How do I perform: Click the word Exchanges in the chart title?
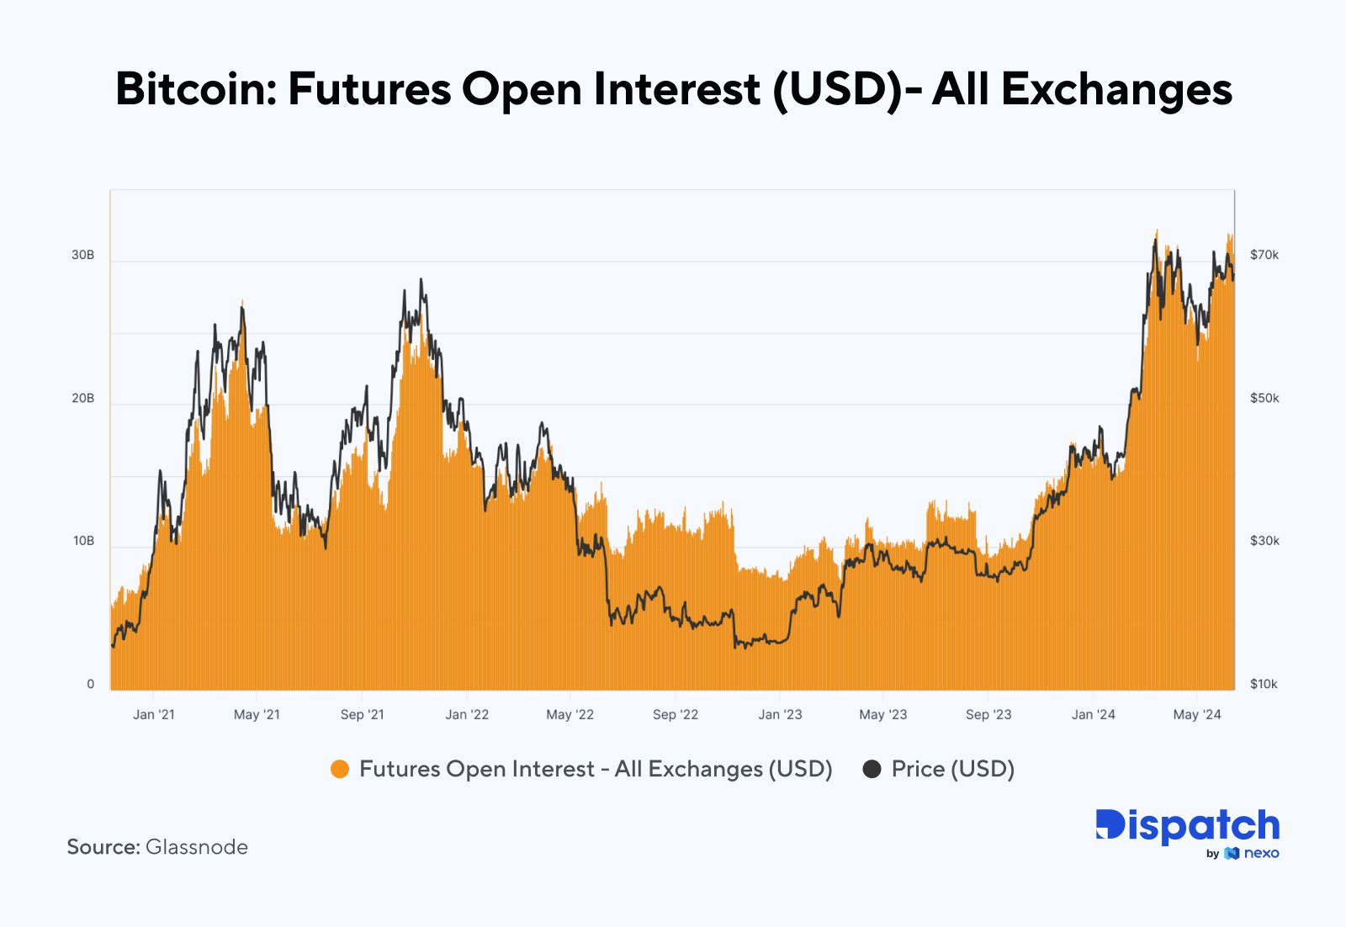pos(1116,89)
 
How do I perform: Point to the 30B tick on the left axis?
pos(82,255)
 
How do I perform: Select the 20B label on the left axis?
pos(82,398)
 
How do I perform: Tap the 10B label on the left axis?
pos(83,541)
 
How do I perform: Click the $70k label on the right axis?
pos(1264,255)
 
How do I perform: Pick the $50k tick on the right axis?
pos(1264,398)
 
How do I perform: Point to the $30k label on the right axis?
pos(1264,541)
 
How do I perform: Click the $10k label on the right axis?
pos(1264,684)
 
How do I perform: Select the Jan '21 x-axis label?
pos(154,714)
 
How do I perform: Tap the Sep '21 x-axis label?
pos(362,714)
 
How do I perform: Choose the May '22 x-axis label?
pos(570,714)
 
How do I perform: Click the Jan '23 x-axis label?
pos(780,714)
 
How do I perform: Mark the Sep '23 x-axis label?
pos(988,714)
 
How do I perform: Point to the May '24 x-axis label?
pos(1197,714)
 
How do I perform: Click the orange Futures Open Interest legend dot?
pos(340,769)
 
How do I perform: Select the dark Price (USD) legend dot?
pos(872,769)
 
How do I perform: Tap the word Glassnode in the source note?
pos(197,847)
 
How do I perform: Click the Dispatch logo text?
pos(1187,826)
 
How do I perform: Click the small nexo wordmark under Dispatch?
pos(1261,853)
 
